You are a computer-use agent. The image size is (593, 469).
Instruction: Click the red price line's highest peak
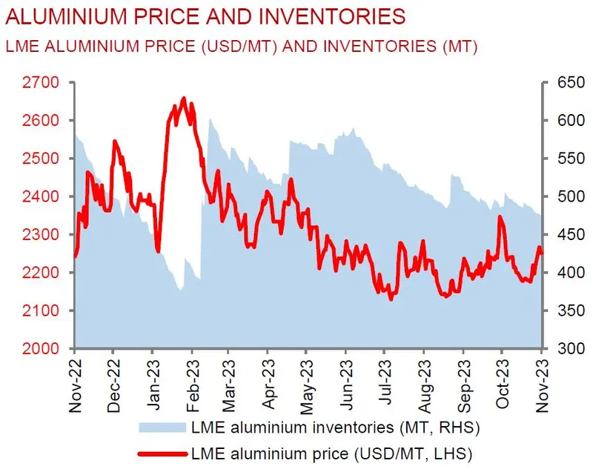click(183, 98)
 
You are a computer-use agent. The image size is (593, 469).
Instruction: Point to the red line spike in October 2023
click(501, 218)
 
